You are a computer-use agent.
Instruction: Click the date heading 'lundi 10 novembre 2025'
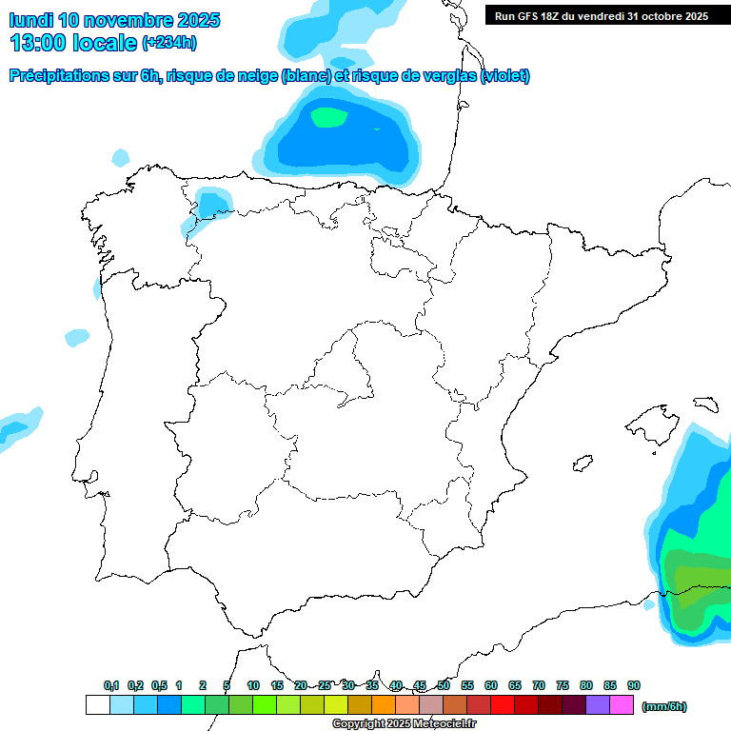tap(114, 20)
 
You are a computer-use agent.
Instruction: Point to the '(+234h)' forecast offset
tap(169, 43)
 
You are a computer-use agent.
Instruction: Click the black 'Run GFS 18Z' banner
tap(601, 15)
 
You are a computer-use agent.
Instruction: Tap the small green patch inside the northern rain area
tap(329, 117)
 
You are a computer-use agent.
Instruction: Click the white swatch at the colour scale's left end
tap(97, 705)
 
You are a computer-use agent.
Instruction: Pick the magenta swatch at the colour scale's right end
tap(622, 705)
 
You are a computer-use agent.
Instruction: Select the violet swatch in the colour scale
tap(598, 705)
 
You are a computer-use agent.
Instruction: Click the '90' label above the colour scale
tap(634, 685)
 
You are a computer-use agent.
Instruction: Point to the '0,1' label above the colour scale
tap(111, 685)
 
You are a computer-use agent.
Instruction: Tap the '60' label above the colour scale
tap(491, 685)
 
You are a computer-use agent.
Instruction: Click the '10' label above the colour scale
tap(253, 685)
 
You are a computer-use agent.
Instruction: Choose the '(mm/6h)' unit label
tap(663, 706)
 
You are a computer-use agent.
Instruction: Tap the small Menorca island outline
tap(703, 404)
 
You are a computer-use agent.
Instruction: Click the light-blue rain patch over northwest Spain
tap(211, 204)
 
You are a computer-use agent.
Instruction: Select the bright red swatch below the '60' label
tap(503, 705)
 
